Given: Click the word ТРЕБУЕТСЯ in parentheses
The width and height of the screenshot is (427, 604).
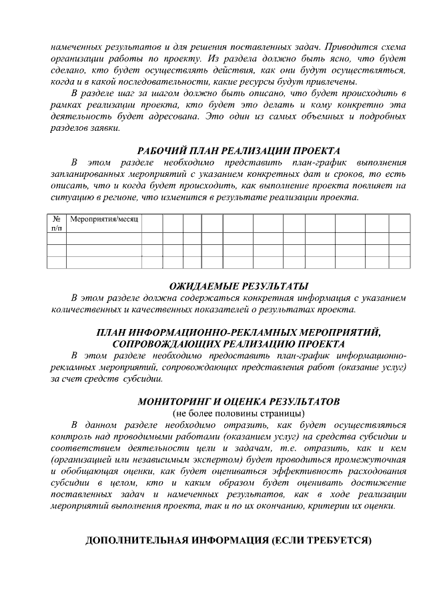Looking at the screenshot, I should point(334,540).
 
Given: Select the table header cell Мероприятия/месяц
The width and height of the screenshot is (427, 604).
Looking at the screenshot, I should point(103,220).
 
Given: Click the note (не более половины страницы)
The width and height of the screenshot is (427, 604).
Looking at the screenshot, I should point(238,414).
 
